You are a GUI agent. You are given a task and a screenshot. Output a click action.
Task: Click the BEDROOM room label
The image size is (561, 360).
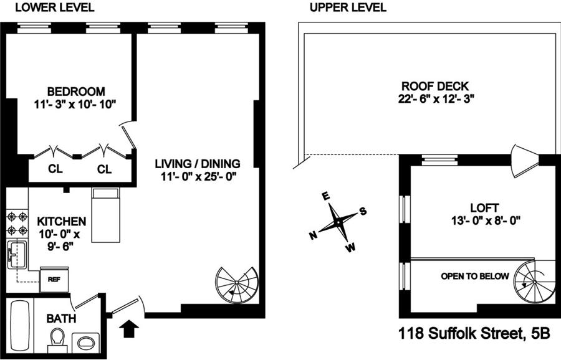pyautogui.click(x=76, y=92)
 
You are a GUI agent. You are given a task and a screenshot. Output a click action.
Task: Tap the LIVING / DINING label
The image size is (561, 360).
pyautogui.click(x=198, y=164)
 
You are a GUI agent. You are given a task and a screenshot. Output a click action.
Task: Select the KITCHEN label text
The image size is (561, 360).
pyautogui.click(x=62, y=221)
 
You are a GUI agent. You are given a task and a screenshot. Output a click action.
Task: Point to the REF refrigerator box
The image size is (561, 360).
pyautogui.click(x=54, y=279)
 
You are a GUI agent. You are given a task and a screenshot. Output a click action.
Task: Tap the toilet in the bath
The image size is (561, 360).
pyautogui.click(x=57, y=339)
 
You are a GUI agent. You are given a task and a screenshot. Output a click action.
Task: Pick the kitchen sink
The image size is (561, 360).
pyautogui.click(x=17, y=255)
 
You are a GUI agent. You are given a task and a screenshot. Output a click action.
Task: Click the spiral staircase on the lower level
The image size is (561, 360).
pyautogui.click(x=236, y=285)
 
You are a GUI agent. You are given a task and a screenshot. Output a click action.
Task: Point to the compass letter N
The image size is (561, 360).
pyautogui.click(x=313, y=235)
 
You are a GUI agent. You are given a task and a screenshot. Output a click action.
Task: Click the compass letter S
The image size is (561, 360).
pyautogui.click(x=363, y=211)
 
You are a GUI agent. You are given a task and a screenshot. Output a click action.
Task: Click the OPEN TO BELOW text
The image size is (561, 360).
pyautogui.click(x=475, y=276)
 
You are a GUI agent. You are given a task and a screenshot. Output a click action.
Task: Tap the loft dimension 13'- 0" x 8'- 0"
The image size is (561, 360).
pyautogui.click(x=486, y=220)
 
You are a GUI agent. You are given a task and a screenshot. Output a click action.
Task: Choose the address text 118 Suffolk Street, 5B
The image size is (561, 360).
pyautogui.click(x=474, y=334)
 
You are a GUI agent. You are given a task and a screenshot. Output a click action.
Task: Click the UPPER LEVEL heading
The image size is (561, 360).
pyautogui.click(x=348, y=7)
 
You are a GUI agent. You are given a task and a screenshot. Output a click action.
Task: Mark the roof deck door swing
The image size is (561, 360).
pyautogui.click(x=524, y=161)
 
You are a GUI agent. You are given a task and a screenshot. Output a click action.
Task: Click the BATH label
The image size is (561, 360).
pyautogui.click(x=61, y=318)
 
